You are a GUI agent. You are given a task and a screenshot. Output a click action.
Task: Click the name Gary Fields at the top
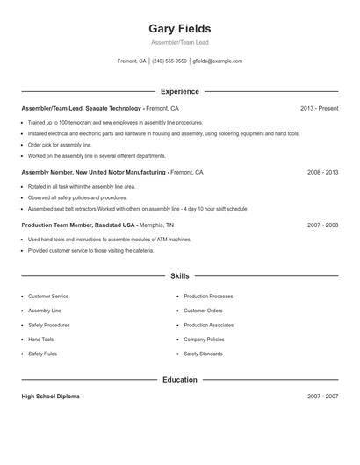point(180,29)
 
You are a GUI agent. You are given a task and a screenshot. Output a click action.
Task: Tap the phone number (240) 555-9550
point(169,61)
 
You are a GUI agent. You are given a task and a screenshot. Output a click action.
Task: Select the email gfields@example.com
point(217,61)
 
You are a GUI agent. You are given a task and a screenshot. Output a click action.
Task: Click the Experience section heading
point(180,91)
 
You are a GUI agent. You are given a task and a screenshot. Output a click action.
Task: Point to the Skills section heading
point(180,276)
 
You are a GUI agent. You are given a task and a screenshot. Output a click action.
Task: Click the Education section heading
point(180,380)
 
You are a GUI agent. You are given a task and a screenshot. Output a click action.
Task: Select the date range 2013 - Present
point(319,108)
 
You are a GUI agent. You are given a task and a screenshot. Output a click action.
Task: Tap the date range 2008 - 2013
point(322,173)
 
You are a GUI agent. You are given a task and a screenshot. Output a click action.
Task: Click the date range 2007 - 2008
point(322,225)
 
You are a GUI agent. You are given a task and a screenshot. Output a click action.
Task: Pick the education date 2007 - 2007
point(322,397)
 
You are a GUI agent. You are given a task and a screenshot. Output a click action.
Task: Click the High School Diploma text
point(50,397)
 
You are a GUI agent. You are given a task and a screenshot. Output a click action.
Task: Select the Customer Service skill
point(48,297)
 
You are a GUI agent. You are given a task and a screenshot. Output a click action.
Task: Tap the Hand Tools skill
point(40,340)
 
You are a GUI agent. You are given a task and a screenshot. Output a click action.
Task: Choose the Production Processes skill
point(208,297)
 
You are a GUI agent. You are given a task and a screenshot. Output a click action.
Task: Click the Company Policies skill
point(204,340)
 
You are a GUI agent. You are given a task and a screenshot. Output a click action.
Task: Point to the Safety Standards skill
point(203,354)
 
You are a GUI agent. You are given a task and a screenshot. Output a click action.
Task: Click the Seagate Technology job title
point(82,108)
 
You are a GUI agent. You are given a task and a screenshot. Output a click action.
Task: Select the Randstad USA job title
point(77,225)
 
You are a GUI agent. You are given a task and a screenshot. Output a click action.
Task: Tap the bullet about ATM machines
point(109,240)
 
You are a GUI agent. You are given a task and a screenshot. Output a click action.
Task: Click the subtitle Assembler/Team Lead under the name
point(180,42)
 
